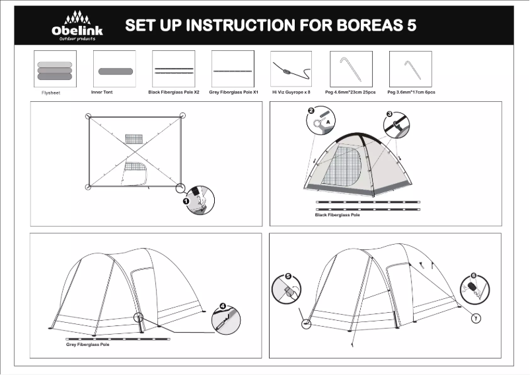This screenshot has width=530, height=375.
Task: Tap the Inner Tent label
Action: pyautogui.click(x=102, y=93)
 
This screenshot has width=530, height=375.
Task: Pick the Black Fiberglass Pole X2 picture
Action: pyautogui.click(x=174, y=69)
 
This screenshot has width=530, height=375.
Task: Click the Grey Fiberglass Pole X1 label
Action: pyautogui.click(x=233, y=93)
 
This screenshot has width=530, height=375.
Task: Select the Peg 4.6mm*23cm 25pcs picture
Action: pyautogui.click(x=350, y=69)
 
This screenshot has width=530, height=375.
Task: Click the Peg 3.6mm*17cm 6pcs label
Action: pyautogui.click(x=410, y=93)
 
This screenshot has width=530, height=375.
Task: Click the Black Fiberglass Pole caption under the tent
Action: pyautogui.click(x=337, y=215)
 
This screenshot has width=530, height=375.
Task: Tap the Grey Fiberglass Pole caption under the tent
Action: pyautogui.click(x=87, y=345)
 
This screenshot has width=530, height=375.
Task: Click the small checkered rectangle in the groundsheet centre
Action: pyautogui.click(x=134, y=139)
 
